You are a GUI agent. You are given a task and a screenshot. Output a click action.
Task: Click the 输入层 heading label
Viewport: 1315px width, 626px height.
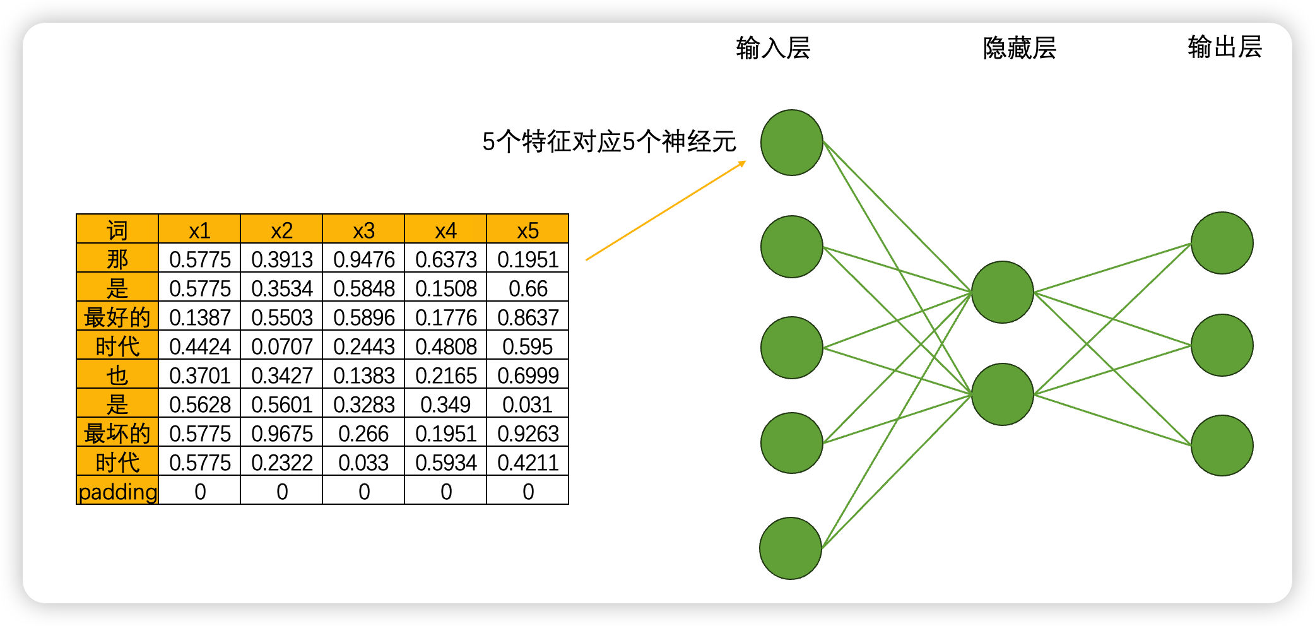pyautogui.click(x=773, y=48)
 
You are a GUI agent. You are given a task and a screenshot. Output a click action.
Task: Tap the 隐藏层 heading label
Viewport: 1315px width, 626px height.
pyautogui.click(x=1020, y=48)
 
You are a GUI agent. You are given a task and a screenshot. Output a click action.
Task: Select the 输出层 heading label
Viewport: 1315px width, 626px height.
pyautogui.click(x=1224, y=47)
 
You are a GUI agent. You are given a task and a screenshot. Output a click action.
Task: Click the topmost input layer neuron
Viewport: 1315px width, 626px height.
pyautogui.click(x=792, y=143)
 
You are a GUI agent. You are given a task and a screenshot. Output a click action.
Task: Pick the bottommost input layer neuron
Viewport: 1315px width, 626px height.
pyautogui.click(x=791, y=548)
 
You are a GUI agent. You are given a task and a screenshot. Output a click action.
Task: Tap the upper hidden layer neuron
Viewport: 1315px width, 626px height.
pyautogui.click(x=1003, y=292)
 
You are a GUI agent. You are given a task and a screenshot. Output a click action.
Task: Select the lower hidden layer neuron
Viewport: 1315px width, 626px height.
pyautogui.click(x=1003, y=394)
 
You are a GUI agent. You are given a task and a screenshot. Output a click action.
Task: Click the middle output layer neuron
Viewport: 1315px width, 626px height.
pyautogui.click(x=1222, y=345)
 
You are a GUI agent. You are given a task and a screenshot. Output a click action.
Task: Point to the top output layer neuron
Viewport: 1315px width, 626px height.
pyautogui.click(x=1222, y=243)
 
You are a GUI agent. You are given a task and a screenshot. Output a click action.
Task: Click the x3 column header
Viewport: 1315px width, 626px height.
pyautogui.click(x=363, y=230)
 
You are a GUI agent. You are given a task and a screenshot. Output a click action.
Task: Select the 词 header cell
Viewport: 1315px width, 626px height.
pyautogui.click(x=117, y=230)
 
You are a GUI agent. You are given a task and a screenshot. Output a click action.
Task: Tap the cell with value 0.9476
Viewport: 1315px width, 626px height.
pyautogui.click(x=363, y=259)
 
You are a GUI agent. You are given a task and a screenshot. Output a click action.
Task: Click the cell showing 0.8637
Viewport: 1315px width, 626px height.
pyautogui.click(x=528, y=317)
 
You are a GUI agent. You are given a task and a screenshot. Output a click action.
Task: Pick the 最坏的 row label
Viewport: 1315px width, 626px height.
pyautogui.click(x=117, y=433)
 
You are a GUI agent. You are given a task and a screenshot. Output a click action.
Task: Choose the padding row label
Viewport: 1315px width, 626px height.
pyautogui.click(x=117, y=491)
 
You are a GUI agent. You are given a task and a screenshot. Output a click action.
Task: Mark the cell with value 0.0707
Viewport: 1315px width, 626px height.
pyautogui.click(x=281, y=346)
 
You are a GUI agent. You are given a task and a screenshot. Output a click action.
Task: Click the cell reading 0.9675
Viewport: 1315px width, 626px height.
pyautogui.click(x=281, y=433)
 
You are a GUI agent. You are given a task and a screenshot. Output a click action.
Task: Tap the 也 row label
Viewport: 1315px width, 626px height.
pyautogui.click(x=117, y=375)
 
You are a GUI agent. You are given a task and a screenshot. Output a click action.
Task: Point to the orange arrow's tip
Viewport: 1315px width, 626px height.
pyautogui.click(x=745, y=162)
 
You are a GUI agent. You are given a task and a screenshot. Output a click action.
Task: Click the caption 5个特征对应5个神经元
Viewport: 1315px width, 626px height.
pyautogui.click(x=609, y=141)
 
